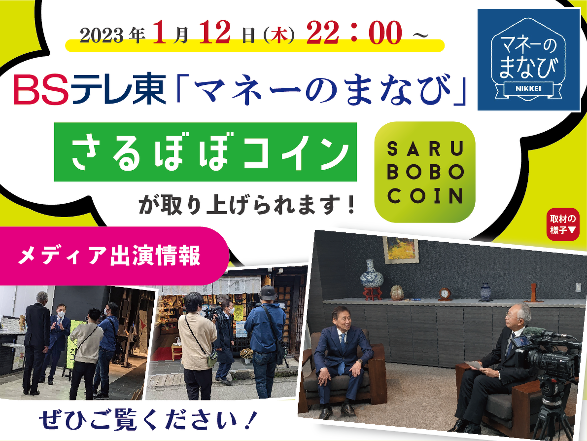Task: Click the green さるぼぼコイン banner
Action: click(205, 152)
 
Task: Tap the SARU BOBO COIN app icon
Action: click(425, 172)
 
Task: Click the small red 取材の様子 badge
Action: click(563, 224)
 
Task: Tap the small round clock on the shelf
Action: click(445, 294)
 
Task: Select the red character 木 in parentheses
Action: click(279, 37)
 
